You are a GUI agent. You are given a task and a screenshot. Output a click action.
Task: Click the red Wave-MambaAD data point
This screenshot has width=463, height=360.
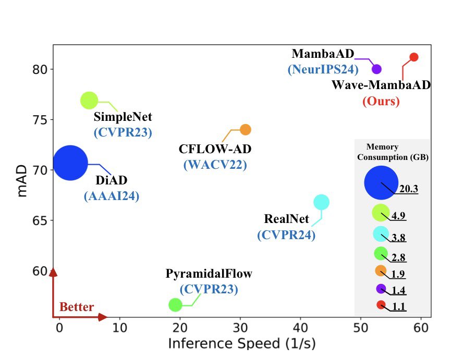point(413,57)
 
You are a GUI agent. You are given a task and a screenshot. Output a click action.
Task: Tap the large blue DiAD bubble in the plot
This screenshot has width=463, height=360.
point(70,163)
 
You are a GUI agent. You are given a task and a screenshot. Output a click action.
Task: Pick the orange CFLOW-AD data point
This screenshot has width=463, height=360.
point(246,129)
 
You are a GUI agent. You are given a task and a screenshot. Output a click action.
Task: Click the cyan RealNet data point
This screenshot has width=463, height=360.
point(321,202)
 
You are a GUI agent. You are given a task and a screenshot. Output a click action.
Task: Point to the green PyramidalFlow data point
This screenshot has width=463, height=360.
point(175,305)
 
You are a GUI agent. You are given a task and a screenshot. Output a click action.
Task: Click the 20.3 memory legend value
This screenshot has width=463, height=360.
point(409,190)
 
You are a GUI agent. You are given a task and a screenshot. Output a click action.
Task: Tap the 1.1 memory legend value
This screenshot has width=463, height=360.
point(399,307)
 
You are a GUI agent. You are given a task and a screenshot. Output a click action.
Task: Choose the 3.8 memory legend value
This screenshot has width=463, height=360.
point(399,238)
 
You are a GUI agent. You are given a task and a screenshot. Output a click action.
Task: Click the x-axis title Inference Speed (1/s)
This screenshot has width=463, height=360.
point(241,344)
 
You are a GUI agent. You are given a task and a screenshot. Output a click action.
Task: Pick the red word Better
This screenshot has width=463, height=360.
point(77,307)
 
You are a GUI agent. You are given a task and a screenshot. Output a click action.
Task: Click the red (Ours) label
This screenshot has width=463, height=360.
point(381,101)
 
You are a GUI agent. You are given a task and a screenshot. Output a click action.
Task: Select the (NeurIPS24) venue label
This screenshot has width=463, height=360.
point(320,69)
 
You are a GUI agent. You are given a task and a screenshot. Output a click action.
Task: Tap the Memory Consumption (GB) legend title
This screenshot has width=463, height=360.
point(393,152)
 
